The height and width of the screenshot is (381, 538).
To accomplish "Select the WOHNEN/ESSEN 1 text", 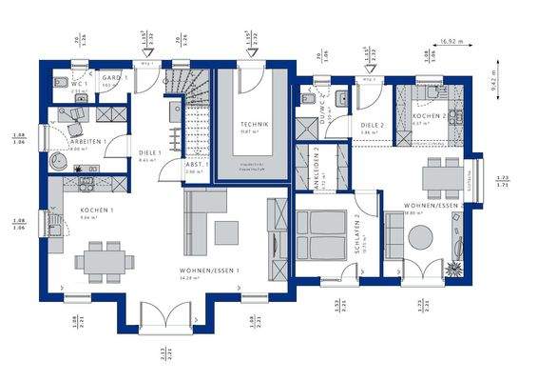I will pyautogui.click(x=209, y=271).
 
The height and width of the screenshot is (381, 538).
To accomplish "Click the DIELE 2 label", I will pyautogui.click(x=372, y=125).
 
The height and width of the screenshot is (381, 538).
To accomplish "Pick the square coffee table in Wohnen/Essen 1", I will pyautogui.click(x=226, y=231).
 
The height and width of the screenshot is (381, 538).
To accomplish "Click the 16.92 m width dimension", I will pyautogui.click(x=453, y=41).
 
